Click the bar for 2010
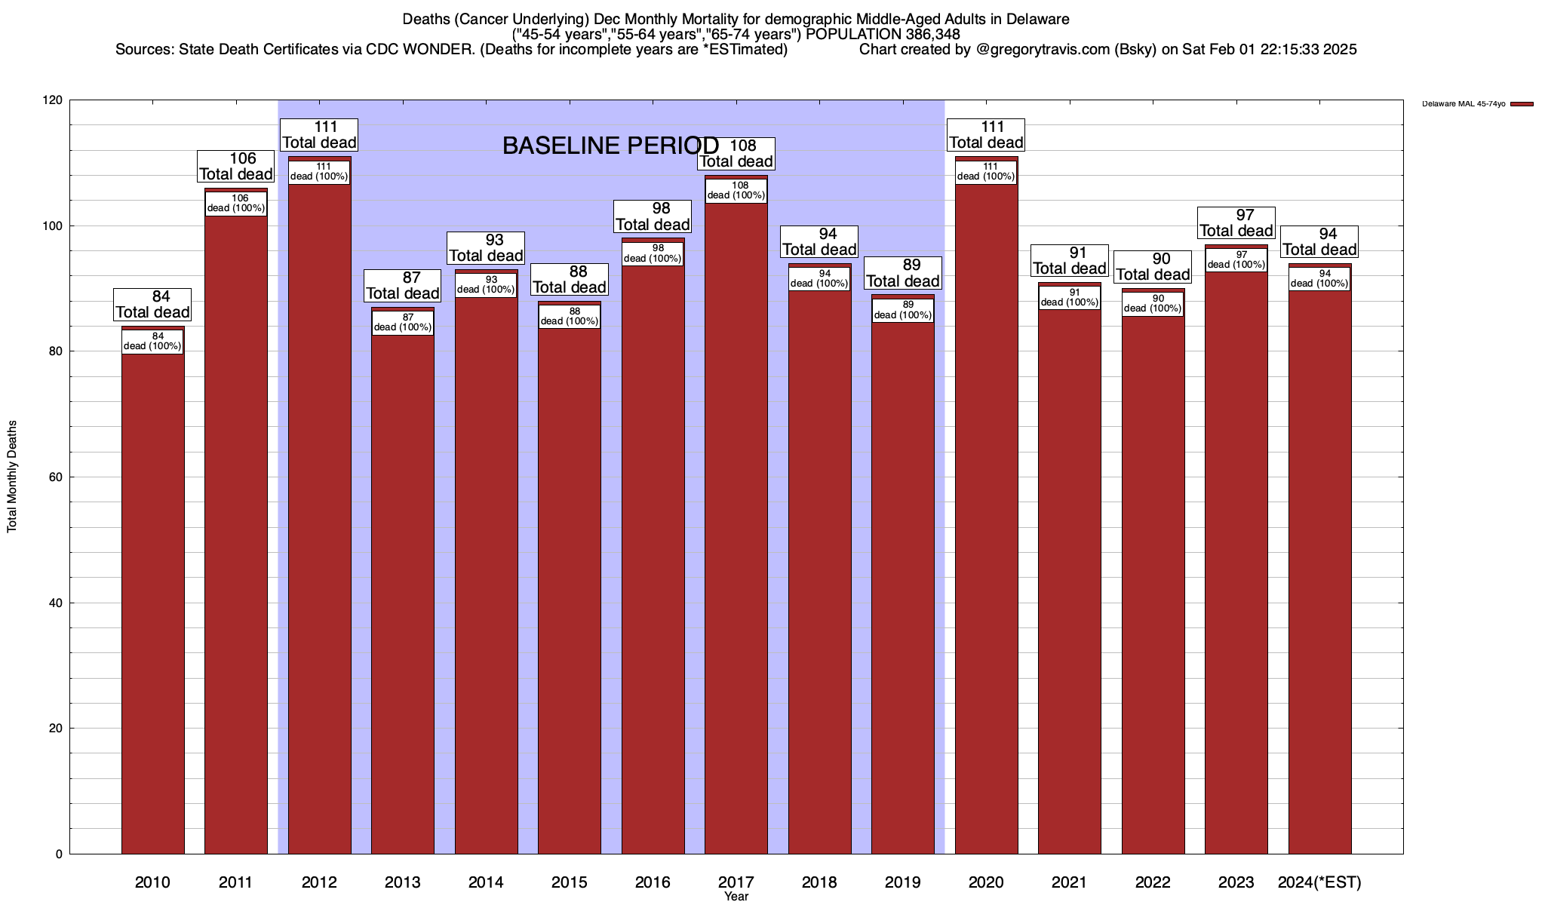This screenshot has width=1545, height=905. click(x=152, y=603)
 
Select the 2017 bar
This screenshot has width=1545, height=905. click(x=736, y=528)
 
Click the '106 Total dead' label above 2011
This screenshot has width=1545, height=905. click(x=236, y=167)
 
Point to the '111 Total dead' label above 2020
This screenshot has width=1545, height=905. click(x=986, y=135)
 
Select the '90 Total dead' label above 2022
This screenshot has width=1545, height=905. click(x=1153, y=267)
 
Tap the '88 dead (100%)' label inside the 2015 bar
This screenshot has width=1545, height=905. click(x=570, y=316)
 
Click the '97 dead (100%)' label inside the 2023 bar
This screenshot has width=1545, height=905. click(x=1236, y=259)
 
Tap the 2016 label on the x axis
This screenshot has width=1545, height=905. click(x=653, y=882)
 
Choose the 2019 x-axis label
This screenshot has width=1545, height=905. click(x=902, y=882)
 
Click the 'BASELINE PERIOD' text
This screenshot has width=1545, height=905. click(x=610, y=146)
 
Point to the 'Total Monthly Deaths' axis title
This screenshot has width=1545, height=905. click(x=12, y=477)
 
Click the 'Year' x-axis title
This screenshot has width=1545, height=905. click(x=736, y=897)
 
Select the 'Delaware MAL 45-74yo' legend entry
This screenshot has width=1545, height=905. click(x=1464, y=104)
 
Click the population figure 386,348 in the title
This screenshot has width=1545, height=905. click(x=932, y=34)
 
